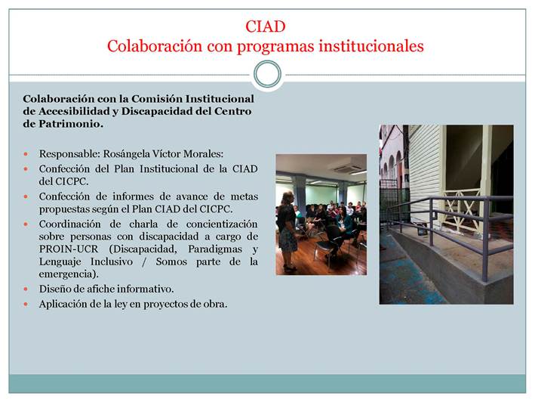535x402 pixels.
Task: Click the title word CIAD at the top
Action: (265, 26)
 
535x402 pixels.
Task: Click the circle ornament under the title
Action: (267, 75)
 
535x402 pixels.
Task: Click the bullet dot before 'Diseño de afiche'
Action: (26, 289)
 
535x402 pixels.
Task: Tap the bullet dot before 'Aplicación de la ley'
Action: (26, 304)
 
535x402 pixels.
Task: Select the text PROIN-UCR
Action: (69, 249)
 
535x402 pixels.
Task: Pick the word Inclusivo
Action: (112, 261)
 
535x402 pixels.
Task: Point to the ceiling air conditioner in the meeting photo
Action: (348, 169)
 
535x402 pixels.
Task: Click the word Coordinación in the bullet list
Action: (70, 224)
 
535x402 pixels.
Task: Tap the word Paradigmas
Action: (215, 249)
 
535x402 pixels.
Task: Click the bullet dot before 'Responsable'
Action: (26, 154)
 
